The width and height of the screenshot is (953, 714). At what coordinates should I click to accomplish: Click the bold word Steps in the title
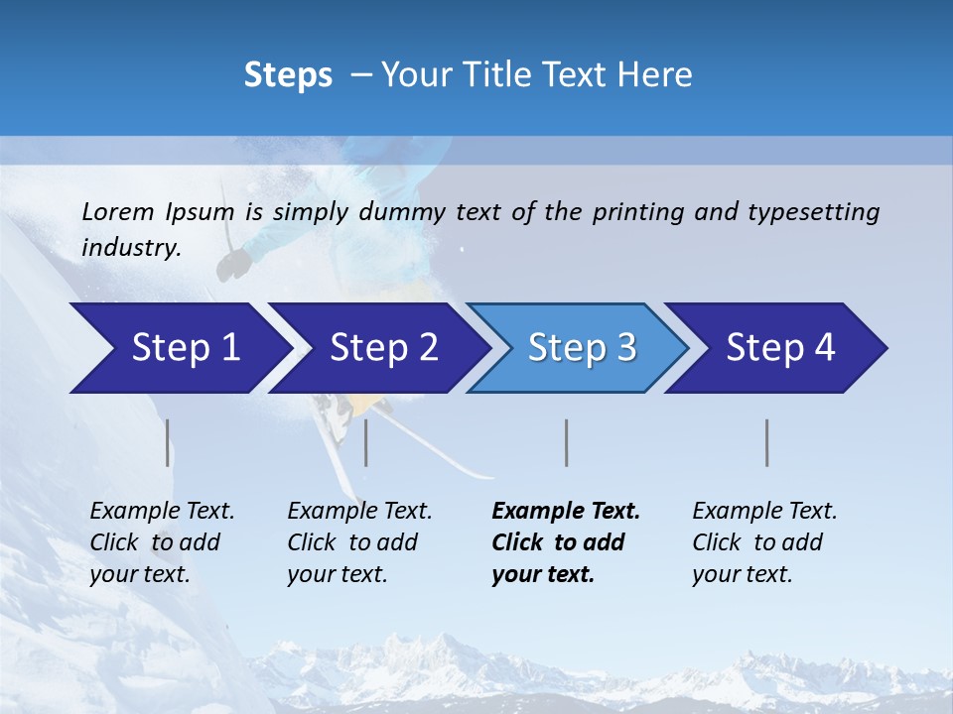pyautogui.click(x=288, y=75)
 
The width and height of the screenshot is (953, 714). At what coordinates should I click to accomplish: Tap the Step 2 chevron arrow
pyautogui.click(x=377, y=348)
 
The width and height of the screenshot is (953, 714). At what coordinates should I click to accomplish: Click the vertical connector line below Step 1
pyautogui.click(x=168, y=442)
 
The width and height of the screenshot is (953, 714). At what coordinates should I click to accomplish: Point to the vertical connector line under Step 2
pyautogui.click(x=366, y=442)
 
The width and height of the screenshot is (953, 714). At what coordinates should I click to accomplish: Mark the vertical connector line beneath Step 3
pyautogui.click(x=567, y=442)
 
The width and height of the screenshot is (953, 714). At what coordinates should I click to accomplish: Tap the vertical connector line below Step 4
pyautogui.click(x=767, y=442)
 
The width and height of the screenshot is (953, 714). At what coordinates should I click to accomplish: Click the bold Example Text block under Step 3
pyautogui.click(x=566, y=542)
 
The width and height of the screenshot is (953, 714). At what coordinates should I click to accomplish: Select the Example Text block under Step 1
pyautogui.click(x=162, y=542)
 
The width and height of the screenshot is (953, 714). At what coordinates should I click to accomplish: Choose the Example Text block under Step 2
pyautogui.click(x=359, y=542)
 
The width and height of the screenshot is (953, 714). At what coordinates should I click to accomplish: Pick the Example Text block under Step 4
pyautogui.click(x=764, y=542)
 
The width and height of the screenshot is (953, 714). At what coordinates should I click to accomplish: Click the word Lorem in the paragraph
pyautogui.click(x=118, y=211)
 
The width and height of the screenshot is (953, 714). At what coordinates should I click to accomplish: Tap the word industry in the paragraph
pyautogui.click(x=130, y=248)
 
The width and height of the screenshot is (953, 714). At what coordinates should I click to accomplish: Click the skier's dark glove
pyautogui.click(x=235, y=263)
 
